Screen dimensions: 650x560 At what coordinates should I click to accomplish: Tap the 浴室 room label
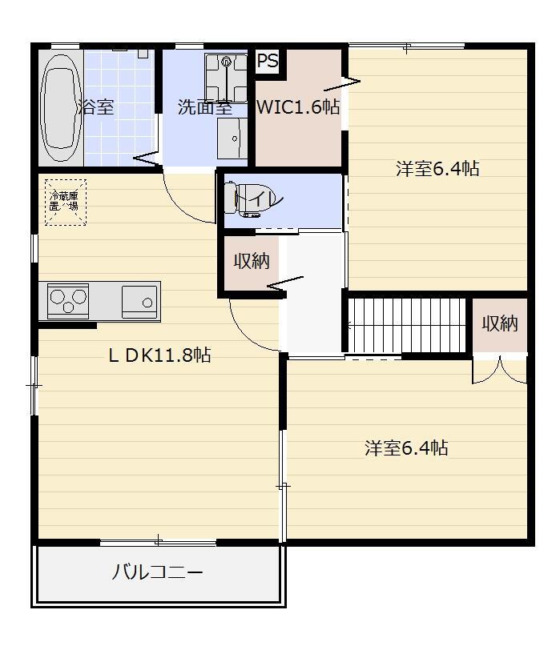[97, 107]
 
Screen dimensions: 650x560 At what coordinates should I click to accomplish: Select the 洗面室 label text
[204, 107]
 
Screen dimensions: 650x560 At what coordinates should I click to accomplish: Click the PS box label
[267, 61]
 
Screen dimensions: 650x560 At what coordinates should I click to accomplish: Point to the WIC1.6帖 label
[298, 107]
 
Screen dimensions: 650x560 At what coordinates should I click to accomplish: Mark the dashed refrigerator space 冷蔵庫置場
[65, 201]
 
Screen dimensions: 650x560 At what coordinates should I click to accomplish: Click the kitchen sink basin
[139, 301]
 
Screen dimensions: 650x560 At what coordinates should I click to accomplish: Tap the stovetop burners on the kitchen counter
[67, 301]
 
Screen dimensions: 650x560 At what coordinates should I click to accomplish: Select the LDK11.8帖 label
[159, 355]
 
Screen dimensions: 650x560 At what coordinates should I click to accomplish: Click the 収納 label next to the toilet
[252, 261]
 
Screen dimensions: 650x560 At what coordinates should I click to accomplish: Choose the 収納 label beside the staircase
[500, 323]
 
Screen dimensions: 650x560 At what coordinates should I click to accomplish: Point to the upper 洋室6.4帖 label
[437, 169]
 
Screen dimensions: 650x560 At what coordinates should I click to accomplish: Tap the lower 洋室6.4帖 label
[406, 448]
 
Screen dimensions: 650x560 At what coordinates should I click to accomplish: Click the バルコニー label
[157, 573]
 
